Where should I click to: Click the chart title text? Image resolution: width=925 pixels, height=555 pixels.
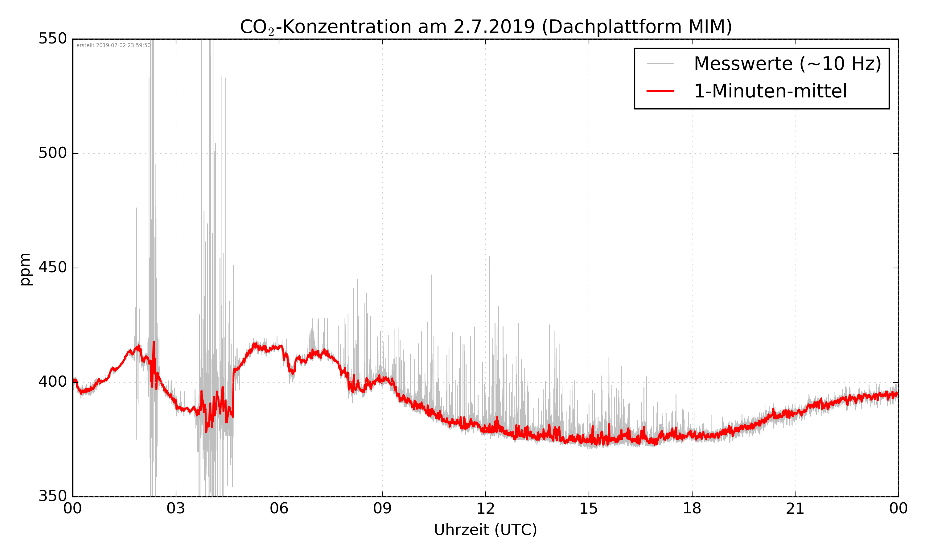pos(486,27)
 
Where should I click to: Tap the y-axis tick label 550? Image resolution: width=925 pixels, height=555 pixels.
pos(52,39)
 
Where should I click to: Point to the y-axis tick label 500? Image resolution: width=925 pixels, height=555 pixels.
pos(52,153)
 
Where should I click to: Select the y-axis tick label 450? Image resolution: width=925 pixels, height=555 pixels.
pos(52,267)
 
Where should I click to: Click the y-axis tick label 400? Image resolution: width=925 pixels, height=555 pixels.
pos(52,382)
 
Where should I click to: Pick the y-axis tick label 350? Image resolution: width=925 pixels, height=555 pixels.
pos(52,496)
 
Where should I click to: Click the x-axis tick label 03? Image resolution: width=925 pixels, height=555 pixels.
pos(176,509)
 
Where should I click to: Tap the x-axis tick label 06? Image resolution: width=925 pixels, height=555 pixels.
pos(279,509)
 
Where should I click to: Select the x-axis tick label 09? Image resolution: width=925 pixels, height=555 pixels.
pos(382,509)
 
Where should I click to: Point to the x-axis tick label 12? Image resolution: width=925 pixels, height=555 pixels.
pos(485,509)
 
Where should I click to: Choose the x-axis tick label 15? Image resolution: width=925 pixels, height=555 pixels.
pos(589,509)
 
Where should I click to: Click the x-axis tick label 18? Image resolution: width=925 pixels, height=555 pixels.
pos(692,509)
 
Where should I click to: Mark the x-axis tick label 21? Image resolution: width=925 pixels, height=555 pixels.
pos(795,509)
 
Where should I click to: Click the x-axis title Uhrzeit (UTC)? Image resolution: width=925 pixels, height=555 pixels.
pos(485,530)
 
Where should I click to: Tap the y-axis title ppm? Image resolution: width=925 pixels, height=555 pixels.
pos(25,269)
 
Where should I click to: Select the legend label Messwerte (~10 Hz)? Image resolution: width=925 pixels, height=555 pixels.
pos(787,64)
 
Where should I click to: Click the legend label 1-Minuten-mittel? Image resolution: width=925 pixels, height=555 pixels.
pos(770,91)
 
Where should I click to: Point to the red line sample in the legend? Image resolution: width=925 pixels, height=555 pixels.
pos(660,91)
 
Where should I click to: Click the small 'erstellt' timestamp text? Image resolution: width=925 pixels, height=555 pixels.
pos(113,46)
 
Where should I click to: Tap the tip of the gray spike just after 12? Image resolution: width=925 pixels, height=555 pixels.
pos(489,257)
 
